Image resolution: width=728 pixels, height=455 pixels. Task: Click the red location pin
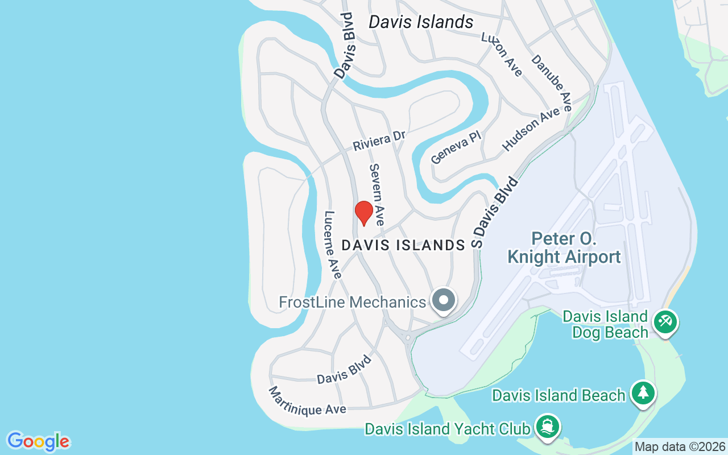pyautogui.click(x=364, y=213)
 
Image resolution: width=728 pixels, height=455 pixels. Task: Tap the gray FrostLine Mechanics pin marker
pyautogui.click(x=444, y=300)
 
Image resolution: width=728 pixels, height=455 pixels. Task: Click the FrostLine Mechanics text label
pyautogui.click(x=352, y=302)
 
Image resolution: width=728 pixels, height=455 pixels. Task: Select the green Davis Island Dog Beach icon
pyautogui.click(x=664, y=322)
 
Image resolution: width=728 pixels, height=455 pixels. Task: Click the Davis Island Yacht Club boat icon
pyautogui.click(x=547, y=427)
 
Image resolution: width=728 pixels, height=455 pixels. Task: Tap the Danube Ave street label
pyautogui.click(x=552, y=82)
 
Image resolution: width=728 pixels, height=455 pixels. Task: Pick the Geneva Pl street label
pyautogui.click(x=456, y=147)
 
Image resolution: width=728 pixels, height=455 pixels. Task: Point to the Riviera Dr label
pyautogui.click(x=379, y=140)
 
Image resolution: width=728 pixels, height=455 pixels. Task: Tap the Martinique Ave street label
pyautogui.click(x=307, y=402)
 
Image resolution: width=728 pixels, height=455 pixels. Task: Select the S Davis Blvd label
pyautogui.click(x=495, y=212)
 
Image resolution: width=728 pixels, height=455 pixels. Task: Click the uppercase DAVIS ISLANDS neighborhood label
pyautogui.click(x=403, y=245)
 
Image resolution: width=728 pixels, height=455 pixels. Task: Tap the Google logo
pyautogui.click(x=39, y=441)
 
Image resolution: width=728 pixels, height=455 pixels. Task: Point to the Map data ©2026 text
pyautogui.click(x=680, y=447)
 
